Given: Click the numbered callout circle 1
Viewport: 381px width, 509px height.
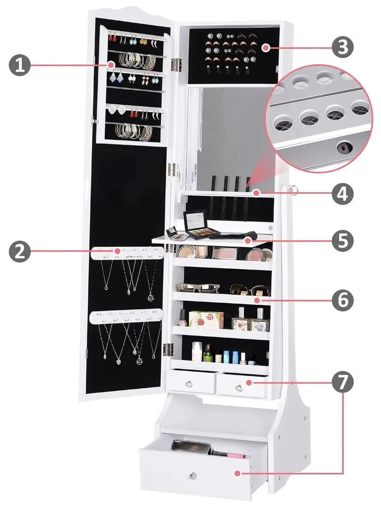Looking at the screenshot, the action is pyautogui.click(x=19, y=65).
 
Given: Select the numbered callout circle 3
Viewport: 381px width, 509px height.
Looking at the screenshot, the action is pyautogui.click(x=343, y=48).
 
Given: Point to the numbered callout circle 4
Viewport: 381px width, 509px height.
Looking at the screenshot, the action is pyautogui.click(x=343, y=194).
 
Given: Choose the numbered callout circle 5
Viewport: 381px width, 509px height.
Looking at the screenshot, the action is pyautogui.click(x=343, y=240).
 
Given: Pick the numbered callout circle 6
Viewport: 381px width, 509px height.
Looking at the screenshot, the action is pyautogui.click(x=343, y=300).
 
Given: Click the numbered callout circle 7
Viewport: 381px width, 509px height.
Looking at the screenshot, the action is pyautogui.click(x=343, y=382).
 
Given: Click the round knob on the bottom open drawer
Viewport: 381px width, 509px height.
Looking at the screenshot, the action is pyautogui.click(x=193, y=476).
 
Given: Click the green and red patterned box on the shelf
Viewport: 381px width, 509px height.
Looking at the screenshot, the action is pyautogui.click(x=206, y=320).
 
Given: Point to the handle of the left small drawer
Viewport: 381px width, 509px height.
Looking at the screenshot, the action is pyautogui.click(x=190, y=385).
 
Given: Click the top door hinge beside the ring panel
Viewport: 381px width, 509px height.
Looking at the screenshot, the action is pyautogui.click(x=176, y=65).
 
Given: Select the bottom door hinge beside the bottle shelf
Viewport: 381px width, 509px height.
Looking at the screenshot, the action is pyautogui.click(x=168, y=350).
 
